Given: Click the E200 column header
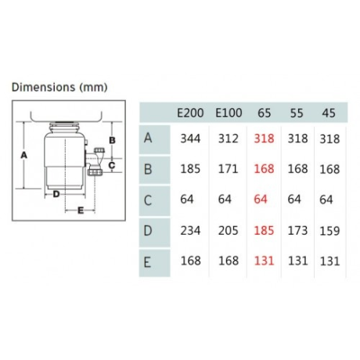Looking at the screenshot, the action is pos(190,113).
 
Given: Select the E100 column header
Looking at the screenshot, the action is pos(229,113).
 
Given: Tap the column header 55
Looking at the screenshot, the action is pos(297,113).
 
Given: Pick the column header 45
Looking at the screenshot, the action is pos(329,113).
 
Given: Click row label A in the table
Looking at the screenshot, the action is pos(148,138).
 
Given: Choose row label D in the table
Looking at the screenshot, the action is pos(148,231).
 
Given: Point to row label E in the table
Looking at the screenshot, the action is pos(147,262).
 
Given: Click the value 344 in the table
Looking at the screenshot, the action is pos(190,139).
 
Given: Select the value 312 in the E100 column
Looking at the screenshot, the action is pos(229,139).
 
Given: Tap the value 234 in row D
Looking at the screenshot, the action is pos(190,231).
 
